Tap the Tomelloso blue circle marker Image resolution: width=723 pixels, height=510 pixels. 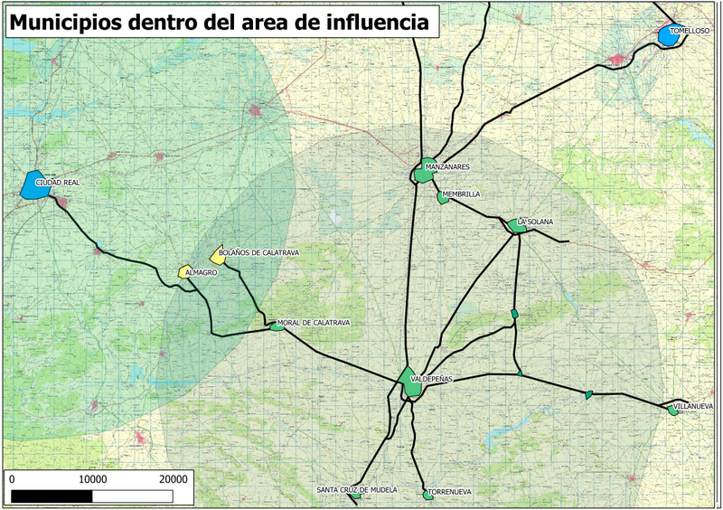(x=669, y=35)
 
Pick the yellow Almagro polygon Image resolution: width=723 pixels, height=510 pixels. (x=186, y=271)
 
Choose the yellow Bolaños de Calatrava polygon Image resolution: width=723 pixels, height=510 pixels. (x=217, y=256)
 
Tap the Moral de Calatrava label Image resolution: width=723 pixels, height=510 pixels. (x=313, y=323)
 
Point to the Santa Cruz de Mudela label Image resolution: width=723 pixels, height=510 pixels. (x=356, y=489)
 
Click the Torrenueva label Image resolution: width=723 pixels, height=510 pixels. (x=450, y=492)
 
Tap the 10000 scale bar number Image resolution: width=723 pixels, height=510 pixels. (x=94, y=478)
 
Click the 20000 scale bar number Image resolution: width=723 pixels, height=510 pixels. (x=173, y=478)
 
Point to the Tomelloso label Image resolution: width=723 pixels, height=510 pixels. (x=690, y=30)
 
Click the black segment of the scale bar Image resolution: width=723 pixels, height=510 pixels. (x=53, y=495)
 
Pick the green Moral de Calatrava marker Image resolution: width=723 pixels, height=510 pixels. (x=277, y=327)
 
